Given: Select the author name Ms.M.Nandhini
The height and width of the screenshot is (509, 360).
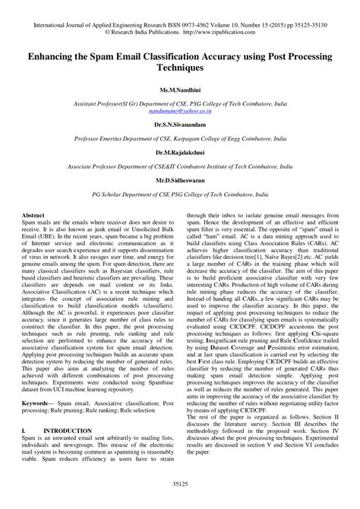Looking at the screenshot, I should (x=180, y=91).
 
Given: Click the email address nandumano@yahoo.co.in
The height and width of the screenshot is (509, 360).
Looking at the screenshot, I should (x=180, y=109).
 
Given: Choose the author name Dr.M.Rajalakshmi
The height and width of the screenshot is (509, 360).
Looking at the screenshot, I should (x=180, y=153).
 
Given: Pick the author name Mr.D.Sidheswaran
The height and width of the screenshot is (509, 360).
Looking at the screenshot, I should (x=180, y=183).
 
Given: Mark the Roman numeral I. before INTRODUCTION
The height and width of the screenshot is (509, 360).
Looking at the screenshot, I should (x=24, y=431).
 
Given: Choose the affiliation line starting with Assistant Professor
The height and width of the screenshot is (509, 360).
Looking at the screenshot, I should (x=180, y=102).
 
